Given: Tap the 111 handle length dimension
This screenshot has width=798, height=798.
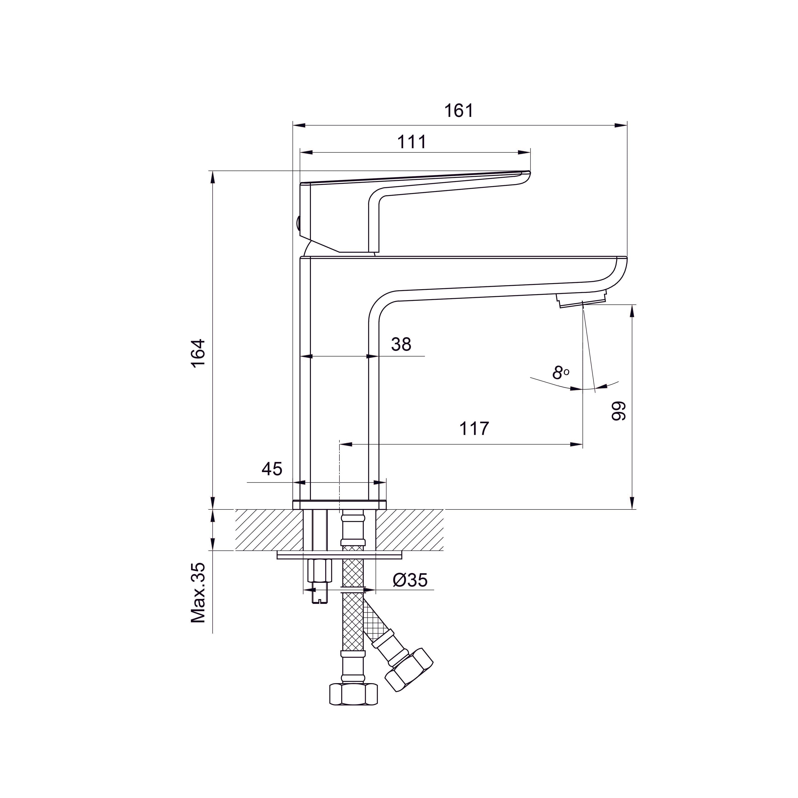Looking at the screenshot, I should (x=412, y=142).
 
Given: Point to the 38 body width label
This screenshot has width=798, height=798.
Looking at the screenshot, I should (x=401, y=344).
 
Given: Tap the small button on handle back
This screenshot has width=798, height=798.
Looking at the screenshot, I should (x=297, y=224).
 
